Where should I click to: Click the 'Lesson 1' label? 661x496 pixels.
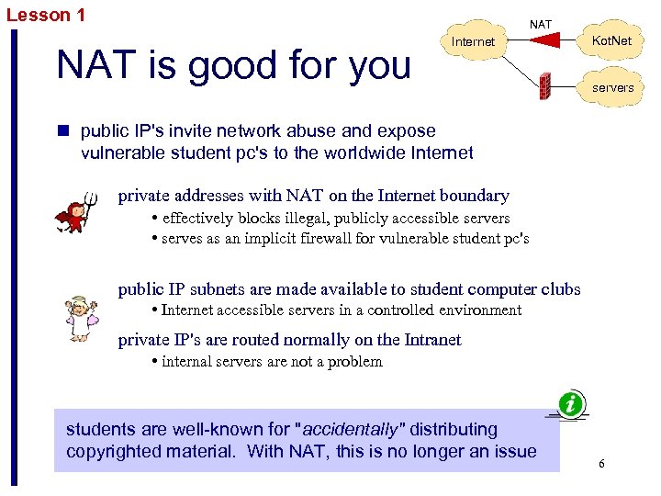click(46, 15)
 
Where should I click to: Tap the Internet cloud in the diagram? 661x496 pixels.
click(474, 42)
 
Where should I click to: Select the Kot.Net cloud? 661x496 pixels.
click(611, 42)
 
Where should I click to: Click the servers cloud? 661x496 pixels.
click(611, 87)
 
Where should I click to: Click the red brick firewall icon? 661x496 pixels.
click(543, 86)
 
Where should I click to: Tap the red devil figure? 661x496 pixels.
click(73, 213)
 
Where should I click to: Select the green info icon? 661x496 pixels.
click(572, 403)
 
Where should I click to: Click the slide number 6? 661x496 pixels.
click(601, 464)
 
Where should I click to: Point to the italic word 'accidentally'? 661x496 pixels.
click(353, 430)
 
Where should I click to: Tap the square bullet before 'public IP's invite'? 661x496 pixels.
click(64, 131)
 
